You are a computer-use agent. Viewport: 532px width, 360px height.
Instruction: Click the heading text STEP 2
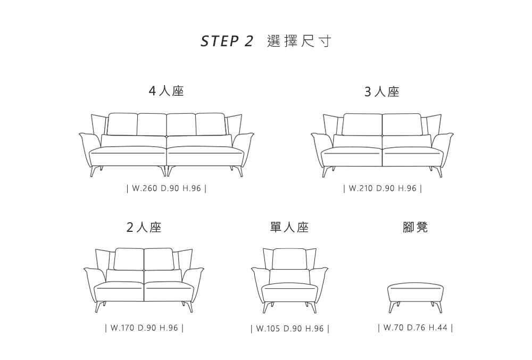click(227, 41)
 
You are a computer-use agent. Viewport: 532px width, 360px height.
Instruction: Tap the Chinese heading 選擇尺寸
click(298, 41)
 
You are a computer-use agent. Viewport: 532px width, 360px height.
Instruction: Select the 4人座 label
click(166, 91)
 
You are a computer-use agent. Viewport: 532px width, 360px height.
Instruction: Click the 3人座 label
click(381, 92)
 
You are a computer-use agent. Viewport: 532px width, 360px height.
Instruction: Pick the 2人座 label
click(144, 227)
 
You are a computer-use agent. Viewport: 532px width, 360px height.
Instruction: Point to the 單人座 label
click(289, 227)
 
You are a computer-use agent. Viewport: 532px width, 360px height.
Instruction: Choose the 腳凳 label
click(415, 227)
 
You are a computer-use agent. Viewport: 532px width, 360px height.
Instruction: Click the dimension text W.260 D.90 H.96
click(166, 188)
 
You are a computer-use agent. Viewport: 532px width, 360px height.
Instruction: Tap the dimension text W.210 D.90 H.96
click(383, 188)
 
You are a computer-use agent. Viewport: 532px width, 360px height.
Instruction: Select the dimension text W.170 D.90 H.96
click(144, 328)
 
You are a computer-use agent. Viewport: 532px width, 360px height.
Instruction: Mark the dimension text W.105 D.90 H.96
click(290, 329)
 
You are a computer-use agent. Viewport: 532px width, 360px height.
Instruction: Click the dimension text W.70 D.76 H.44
click(415, 328)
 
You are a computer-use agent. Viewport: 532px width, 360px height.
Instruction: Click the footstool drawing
click(415, 297)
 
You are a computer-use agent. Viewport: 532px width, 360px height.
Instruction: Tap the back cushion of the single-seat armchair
click(289, 259)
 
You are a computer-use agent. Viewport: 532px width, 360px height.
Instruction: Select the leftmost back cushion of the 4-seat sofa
click(122, 124)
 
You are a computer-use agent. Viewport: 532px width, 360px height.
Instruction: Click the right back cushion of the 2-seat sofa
click(159, 259)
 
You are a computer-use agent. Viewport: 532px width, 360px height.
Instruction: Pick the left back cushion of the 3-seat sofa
click(362, 125)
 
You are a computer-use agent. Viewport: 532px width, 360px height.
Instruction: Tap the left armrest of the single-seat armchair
click(259, 284)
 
